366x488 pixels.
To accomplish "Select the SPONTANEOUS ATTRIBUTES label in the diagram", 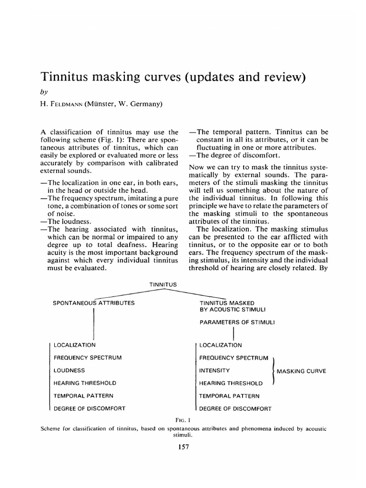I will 93,303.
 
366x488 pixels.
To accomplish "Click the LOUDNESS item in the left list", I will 70,370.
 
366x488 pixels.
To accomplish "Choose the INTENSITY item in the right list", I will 214,370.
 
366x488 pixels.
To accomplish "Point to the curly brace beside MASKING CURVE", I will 272,370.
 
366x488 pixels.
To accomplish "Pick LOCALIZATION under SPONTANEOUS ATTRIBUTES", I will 75,345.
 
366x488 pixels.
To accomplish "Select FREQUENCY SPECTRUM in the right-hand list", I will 234,357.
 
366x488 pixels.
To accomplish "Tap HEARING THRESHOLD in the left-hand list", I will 85,383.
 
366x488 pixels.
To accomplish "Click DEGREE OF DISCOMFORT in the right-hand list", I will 235,408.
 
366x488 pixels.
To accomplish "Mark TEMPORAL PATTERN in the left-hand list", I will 83,396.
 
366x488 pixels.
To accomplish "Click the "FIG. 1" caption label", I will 183,420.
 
